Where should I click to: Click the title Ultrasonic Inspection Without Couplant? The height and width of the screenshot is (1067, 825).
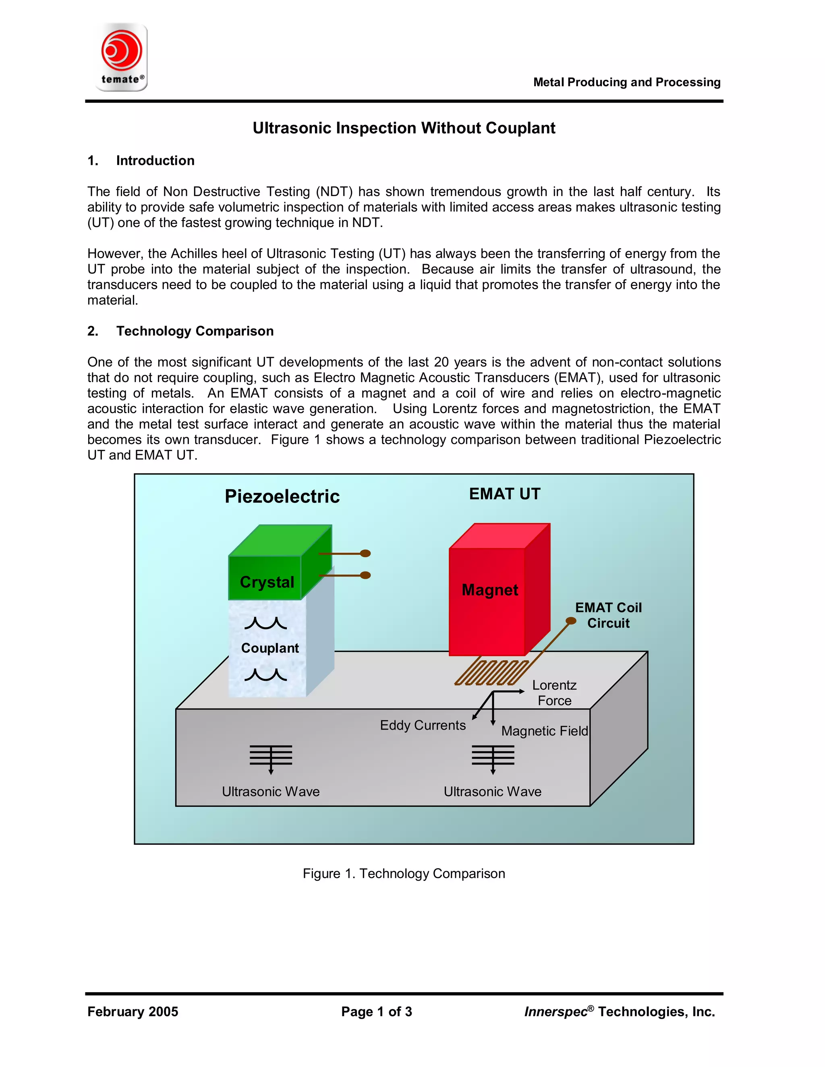(404, 128)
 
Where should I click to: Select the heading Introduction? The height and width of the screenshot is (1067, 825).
(155, 161)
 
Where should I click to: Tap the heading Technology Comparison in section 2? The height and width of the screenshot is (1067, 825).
(195, 331)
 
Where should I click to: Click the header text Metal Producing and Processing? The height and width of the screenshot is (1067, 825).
(626, 82)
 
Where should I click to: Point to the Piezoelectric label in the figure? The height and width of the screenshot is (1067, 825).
(282, 496)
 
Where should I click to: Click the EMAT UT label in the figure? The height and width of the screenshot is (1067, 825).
(504, 494)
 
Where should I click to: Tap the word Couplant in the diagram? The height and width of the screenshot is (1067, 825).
(270, 648)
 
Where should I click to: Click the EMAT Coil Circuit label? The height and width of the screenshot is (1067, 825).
(608, 616)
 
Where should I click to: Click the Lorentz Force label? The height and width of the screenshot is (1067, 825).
(554, 693)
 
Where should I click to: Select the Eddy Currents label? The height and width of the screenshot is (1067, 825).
(423, 726)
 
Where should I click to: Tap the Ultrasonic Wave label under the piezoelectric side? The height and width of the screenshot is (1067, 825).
(271, 792)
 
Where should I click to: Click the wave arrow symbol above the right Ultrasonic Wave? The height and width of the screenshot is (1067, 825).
(493, 757)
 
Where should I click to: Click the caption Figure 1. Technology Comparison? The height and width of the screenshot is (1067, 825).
(404, 874)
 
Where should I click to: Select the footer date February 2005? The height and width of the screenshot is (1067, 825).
(133, 1012)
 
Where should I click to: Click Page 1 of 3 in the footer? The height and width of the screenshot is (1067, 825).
(376, 1012)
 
